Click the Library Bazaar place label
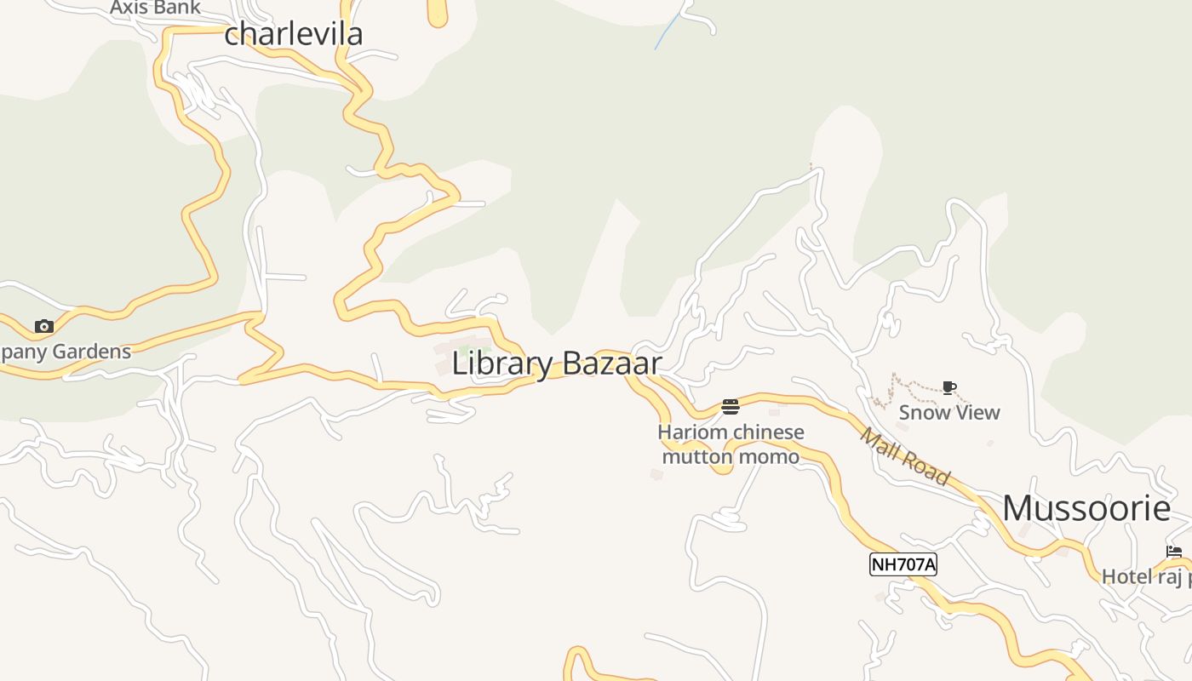pyautogui.click(x=557, y=363)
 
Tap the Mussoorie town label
pyautogui.click(x=1086, y=508)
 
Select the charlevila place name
pyautogui.click(x=294, y=34)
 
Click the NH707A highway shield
pyautogui.click(x=903, y=564)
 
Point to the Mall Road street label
pyautogui.click(x=904, y=457)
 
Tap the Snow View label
pyautogui.click(x=949, y=413)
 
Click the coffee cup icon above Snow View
pyautogui.click(x=949, y=389)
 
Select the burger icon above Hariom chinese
pyautogui.click(x=731, y=407)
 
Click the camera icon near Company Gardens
pyautogui.click(x=44, y=326)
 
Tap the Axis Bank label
pyautogui.click(x=155, y=9)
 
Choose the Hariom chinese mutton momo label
pyautogui.click(x=731, y=444)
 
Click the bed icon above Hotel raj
pyautogui.click(x=1174, y=552)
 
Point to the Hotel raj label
pyautogui.click(x=1146, y=577)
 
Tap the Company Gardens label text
pyautogui.click(x=65, y=352)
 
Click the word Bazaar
pyautogui.click(x=611, y=363)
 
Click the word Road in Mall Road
pyautogui.click(x=924, y=468)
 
